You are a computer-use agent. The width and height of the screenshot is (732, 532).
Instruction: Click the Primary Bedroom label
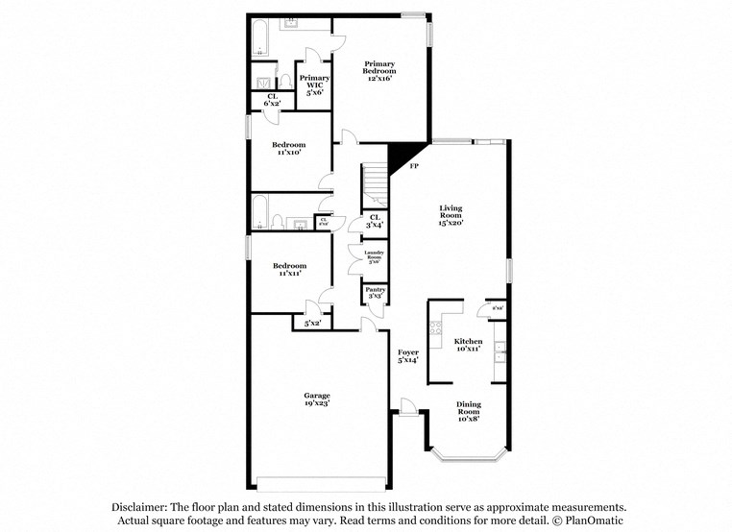tap(379, 70)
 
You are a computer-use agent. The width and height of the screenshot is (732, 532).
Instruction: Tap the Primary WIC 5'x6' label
tap(314, 85)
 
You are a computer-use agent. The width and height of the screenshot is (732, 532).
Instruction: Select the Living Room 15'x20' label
tap(451, 214)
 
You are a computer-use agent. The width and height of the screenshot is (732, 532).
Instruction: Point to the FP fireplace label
tap(414, 167)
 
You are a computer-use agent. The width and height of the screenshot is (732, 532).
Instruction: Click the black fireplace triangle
tap(402, 154)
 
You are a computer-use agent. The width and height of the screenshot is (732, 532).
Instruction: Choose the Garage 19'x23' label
tap(317, 399)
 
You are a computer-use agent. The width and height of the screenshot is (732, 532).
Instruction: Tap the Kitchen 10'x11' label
tap(468, 345)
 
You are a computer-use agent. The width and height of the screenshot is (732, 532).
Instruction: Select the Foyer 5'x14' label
tap(408, 356)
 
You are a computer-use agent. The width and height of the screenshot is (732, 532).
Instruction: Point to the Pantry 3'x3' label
tap(373, 294)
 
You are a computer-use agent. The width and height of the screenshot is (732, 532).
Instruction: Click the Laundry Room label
tap(373, 255)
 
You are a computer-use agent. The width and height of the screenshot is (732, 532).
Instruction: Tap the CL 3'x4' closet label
tap(375, 220)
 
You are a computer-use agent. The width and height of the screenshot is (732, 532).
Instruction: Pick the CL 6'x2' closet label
tap(272, 98)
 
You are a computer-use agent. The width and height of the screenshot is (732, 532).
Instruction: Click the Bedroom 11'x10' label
tap(288, 148)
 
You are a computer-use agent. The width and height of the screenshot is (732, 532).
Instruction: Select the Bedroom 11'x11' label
tap(288, 269)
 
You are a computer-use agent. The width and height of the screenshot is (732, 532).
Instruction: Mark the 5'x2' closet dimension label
tap(312, 324)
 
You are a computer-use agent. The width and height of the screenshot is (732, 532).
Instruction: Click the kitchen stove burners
tap(442, 326)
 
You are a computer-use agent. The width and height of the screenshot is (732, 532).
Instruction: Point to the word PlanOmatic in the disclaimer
tap(593, 520)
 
